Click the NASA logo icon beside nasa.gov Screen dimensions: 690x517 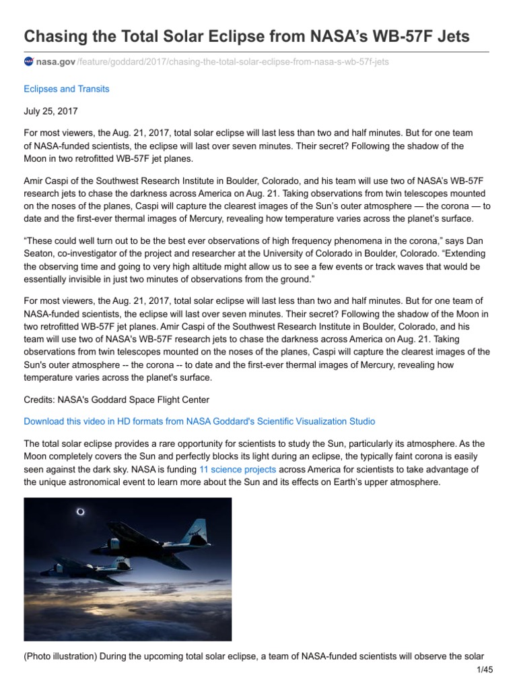(x=28, y=61)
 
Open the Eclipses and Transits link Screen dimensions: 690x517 (x=66, y=88)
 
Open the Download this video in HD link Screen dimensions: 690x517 (x=199, y=421)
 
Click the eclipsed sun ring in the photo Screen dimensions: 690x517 (x=80, y=512)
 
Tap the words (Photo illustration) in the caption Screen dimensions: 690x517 (x=58, y=656)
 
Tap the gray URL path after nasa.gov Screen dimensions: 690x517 (x=233, y=61)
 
